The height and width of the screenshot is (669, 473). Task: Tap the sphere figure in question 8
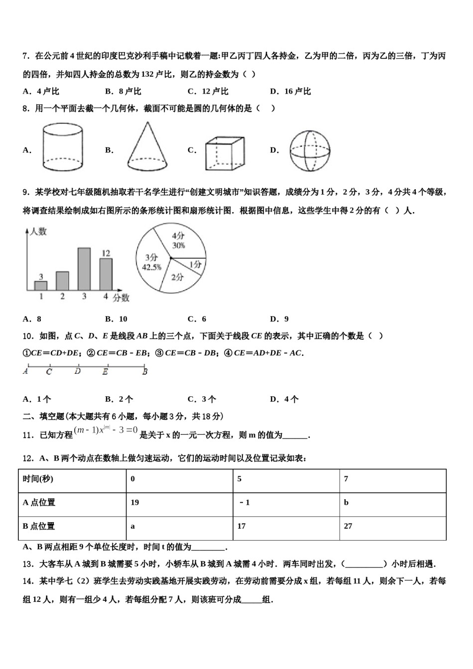pyautogui.click(x=310, y=151)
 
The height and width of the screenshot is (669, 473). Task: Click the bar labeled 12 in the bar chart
pyautogui.click(x=106, y=274)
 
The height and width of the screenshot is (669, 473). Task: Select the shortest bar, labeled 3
pyautogui.click(x=41, y=286)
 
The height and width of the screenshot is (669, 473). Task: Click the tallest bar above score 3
pyautogui.click(x=84, y=269)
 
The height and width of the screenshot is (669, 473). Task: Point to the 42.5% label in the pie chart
pyautogui.click(x=151, y=267)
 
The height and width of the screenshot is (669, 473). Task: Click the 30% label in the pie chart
pyautogui.click(x=178, y=245)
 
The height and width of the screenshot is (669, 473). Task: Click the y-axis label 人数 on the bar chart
pyautogui.click(x=38, y=231)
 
